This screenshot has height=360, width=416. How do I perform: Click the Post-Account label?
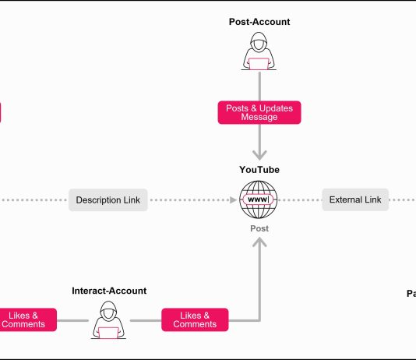(x=259, y=22)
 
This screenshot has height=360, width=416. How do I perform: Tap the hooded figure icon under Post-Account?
(x=259, y=53)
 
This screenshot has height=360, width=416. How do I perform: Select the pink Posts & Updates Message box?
(x=259, y=112)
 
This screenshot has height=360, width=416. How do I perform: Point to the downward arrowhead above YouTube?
(x=259, y=154)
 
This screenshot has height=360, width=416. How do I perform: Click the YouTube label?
(x=259, y=170)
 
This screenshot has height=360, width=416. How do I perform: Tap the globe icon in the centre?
(x=259, y=200)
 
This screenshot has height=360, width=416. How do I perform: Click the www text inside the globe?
(x=259, y=200)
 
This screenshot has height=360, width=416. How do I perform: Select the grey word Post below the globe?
(x=259, y=228)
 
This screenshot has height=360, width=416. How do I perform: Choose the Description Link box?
(x=108, y=200)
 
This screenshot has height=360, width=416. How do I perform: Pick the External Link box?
(x=355, y=200)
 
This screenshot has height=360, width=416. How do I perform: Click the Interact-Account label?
(x=109, y=291)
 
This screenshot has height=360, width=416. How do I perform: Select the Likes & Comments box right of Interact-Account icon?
(x=195, y=319)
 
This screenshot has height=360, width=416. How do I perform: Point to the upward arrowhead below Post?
(x=259, y=243)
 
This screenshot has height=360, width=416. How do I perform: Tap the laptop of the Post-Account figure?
(x=259, y=64)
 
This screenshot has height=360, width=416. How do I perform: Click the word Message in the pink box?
(x=259, y=118)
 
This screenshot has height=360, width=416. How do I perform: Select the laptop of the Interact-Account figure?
(x=108, y=333)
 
